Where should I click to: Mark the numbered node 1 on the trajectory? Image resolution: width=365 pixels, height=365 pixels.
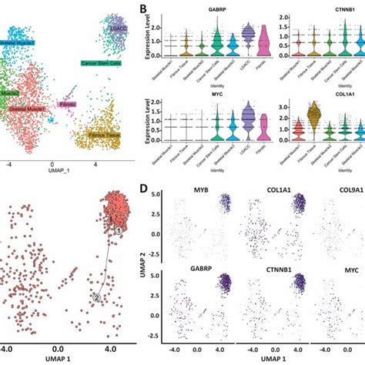[x=119, y=230]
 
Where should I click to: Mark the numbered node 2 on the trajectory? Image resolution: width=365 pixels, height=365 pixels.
[x=97, y=296]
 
